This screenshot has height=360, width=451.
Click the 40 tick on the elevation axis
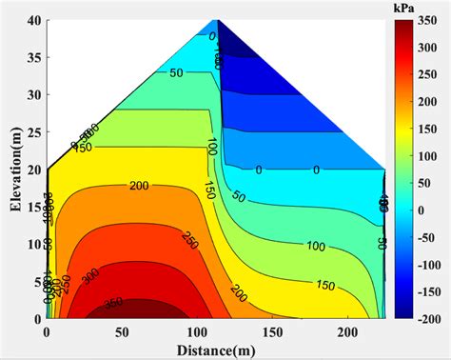click(x=33, y=20)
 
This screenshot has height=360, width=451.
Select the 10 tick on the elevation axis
click(x=33, y=244)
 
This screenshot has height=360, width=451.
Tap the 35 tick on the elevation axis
click(x=33, y=57)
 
